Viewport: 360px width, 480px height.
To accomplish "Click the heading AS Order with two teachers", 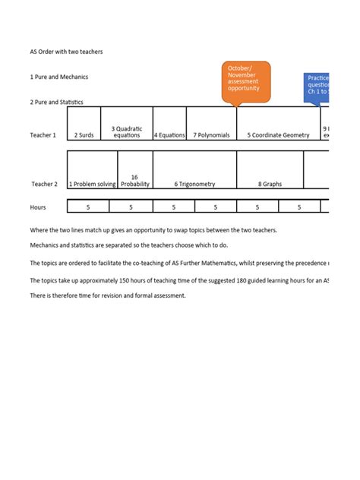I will coord(66,52).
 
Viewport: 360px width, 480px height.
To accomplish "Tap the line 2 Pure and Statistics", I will coord(57,102).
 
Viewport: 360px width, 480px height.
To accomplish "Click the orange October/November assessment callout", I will coord(245,82).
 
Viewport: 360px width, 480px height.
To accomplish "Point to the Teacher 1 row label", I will coord(43,135).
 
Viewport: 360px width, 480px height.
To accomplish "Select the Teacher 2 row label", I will coord(43,184).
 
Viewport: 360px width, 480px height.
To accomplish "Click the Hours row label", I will coord(38,207).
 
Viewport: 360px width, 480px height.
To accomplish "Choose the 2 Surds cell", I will coord(84,135).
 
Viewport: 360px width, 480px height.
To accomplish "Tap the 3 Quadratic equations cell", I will coord(127,131).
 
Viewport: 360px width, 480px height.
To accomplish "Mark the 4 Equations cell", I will coord(169,135).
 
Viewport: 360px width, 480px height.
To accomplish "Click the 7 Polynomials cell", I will coord(211,135).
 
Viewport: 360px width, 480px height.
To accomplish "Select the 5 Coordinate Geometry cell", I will coord(278,135).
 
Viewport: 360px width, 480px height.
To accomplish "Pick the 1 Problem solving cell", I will coord(93,184).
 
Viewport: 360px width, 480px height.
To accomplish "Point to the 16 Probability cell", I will coord(135,180).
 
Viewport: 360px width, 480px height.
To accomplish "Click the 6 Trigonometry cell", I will coord(194,184).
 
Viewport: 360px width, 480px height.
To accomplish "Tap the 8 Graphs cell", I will coord(270,184).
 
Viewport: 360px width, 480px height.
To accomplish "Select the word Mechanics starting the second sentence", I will coord(47,245).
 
